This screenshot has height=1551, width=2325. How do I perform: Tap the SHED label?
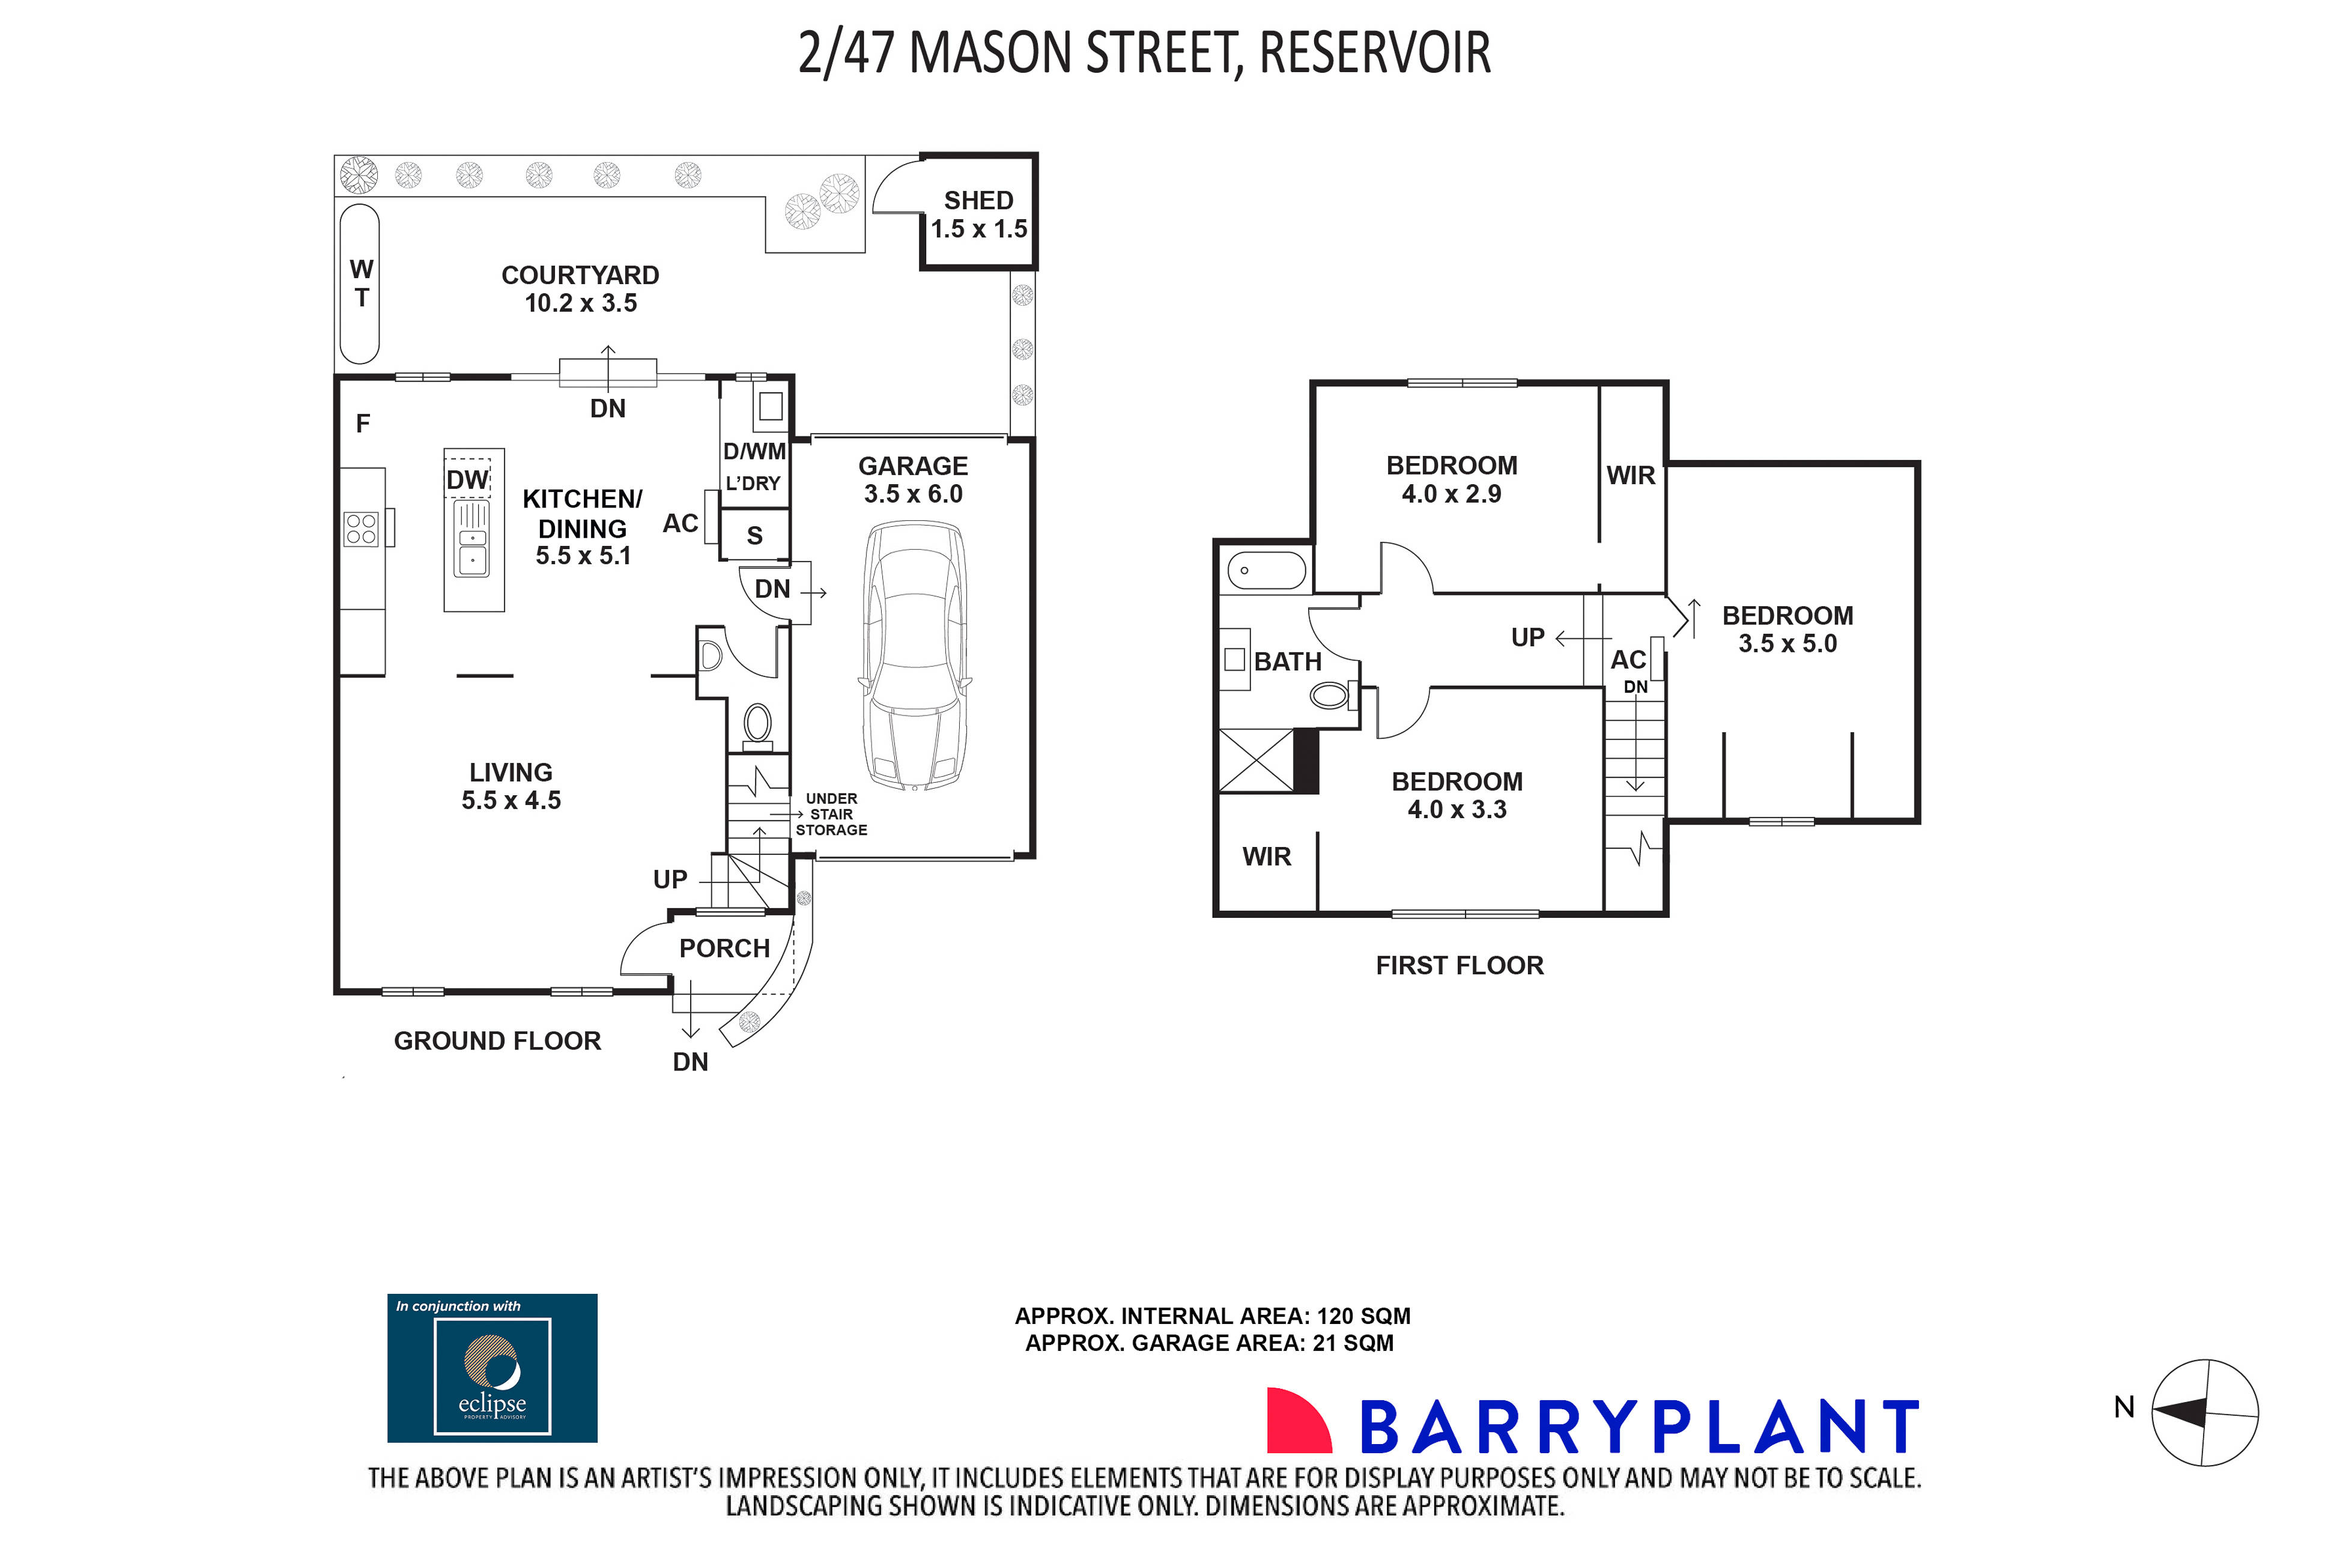point(978,201)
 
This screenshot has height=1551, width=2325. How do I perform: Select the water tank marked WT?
point(360,284)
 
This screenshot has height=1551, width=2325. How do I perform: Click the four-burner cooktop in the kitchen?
point(361,529)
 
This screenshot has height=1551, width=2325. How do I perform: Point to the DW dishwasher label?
point(467,481)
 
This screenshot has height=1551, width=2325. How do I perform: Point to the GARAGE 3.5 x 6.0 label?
point(913,480)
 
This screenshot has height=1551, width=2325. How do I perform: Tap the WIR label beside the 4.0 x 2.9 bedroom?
point(1629,476)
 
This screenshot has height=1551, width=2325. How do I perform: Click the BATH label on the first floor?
point(1288,662)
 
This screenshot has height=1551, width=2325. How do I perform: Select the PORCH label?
point(724,949)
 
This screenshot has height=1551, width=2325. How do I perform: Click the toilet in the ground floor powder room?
point(757,723)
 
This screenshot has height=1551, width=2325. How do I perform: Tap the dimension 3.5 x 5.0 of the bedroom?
point(1787,644)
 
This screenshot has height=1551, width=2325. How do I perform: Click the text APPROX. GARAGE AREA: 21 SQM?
point(1208,1343)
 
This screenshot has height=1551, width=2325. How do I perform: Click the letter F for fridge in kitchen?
point(363,424)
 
